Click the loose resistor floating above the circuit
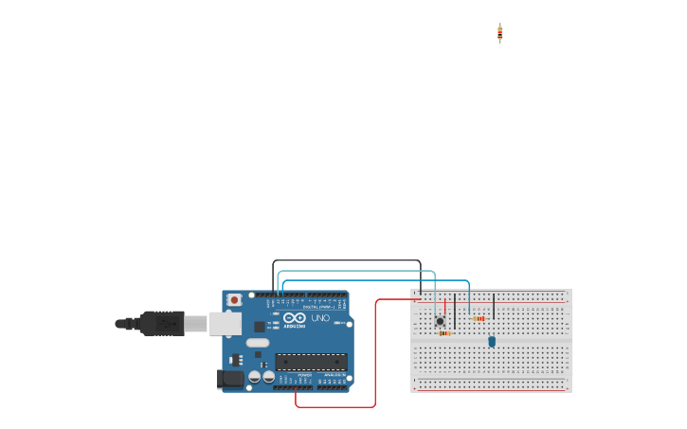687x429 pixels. tap(499, 33)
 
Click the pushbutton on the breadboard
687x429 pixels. tap(440, 321)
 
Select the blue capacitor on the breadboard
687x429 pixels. tap(492, 341)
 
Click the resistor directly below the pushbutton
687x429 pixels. tap(443, 333)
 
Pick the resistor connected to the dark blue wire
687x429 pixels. tap(479, 318)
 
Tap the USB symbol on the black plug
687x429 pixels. tap(168, 324)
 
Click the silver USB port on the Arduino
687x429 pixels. tap(225, 324)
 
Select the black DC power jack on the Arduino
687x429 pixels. tap(229, 379)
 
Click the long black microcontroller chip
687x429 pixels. tap(311, 362)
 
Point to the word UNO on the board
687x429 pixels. tap(320, 318)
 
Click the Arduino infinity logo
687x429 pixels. tap(295, 318)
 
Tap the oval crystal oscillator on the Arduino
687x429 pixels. tap(258, 343)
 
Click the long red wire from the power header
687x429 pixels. tap(375, 360)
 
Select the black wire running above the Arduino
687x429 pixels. tap(346, 260)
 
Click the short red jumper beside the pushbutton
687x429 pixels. tap(445, 306)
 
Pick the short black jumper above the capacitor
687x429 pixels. tap(494, 306)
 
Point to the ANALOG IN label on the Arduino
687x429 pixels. tap(334, 375)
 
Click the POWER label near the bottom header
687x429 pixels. tap(304, 375)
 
